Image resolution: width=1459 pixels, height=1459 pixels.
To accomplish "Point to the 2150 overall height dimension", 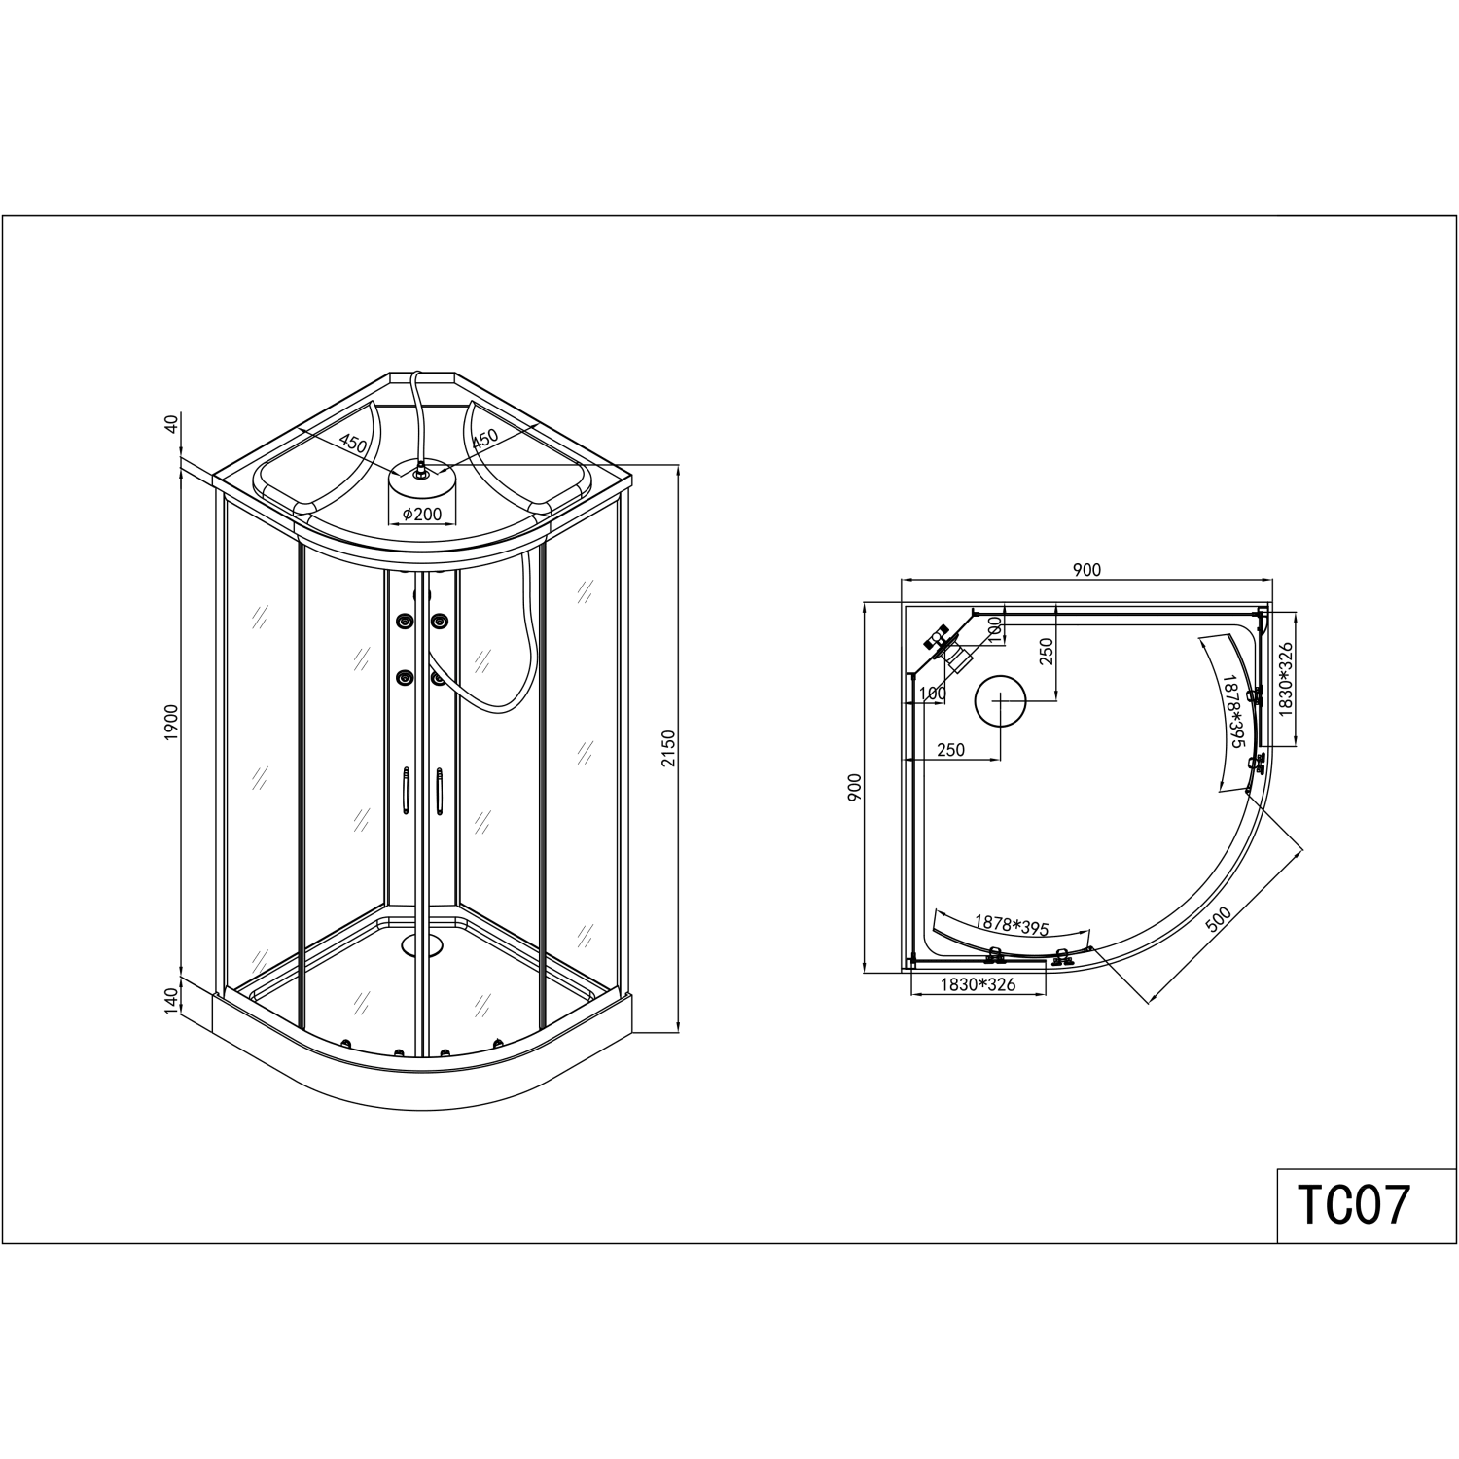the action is [x=667, y=748].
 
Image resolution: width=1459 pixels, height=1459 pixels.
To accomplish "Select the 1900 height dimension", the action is [x=172, y=724].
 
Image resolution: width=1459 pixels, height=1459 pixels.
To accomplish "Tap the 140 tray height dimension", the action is [x=172, y=999].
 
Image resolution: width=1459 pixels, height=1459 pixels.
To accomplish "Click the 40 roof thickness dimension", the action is [x=172, y=424].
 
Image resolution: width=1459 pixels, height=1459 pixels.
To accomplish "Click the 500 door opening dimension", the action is [x=1219, y=920].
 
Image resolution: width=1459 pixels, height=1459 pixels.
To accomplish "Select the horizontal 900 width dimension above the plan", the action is [x=1086, y=570].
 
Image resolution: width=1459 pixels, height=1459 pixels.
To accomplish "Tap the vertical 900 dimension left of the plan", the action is [x=855, y=787].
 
